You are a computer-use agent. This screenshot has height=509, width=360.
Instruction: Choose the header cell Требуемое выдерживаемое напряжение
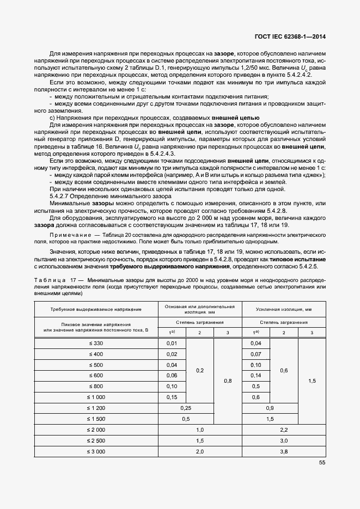(96, 309)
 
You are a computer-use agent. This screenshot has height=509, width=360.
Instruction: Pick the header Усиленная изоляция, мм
(284, 309)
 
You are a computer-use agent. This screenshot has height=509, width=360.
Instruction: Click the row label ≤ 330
(96, 343)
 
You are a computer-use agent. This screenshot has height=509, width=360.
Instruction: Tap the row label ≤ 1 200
(96, 408)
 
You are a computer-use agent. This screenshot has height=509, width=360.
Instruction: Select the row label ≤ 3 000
(96, 451)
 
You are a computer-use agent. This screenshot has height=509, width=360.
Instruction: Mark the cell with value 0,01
(172, 343)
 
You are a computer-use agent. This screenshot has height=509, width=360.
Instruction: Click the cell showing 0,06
(172, 376)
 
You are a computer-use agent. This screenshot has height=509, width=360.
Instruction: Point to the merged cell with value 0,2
(199, 370)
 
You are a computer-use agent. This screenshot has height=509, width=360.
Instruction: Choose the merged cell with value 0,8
(228, 381)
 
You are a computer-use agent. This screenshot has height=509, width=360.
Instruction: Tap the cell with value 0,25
(186, 408)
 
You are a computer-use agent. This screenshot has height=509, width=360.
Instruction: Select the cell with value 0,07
(256, 354)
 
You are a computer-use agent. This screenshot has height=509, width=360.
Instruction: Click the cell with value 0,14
(256, 376)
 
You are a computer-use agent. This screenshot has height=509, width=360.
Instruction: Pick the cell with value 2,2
(284, 430)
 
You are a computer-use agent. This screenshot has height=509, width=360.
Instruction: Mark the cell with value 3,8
(284, 451)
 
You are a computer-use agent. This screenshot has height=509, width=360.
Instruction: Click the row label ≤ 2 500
(96, 440)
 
